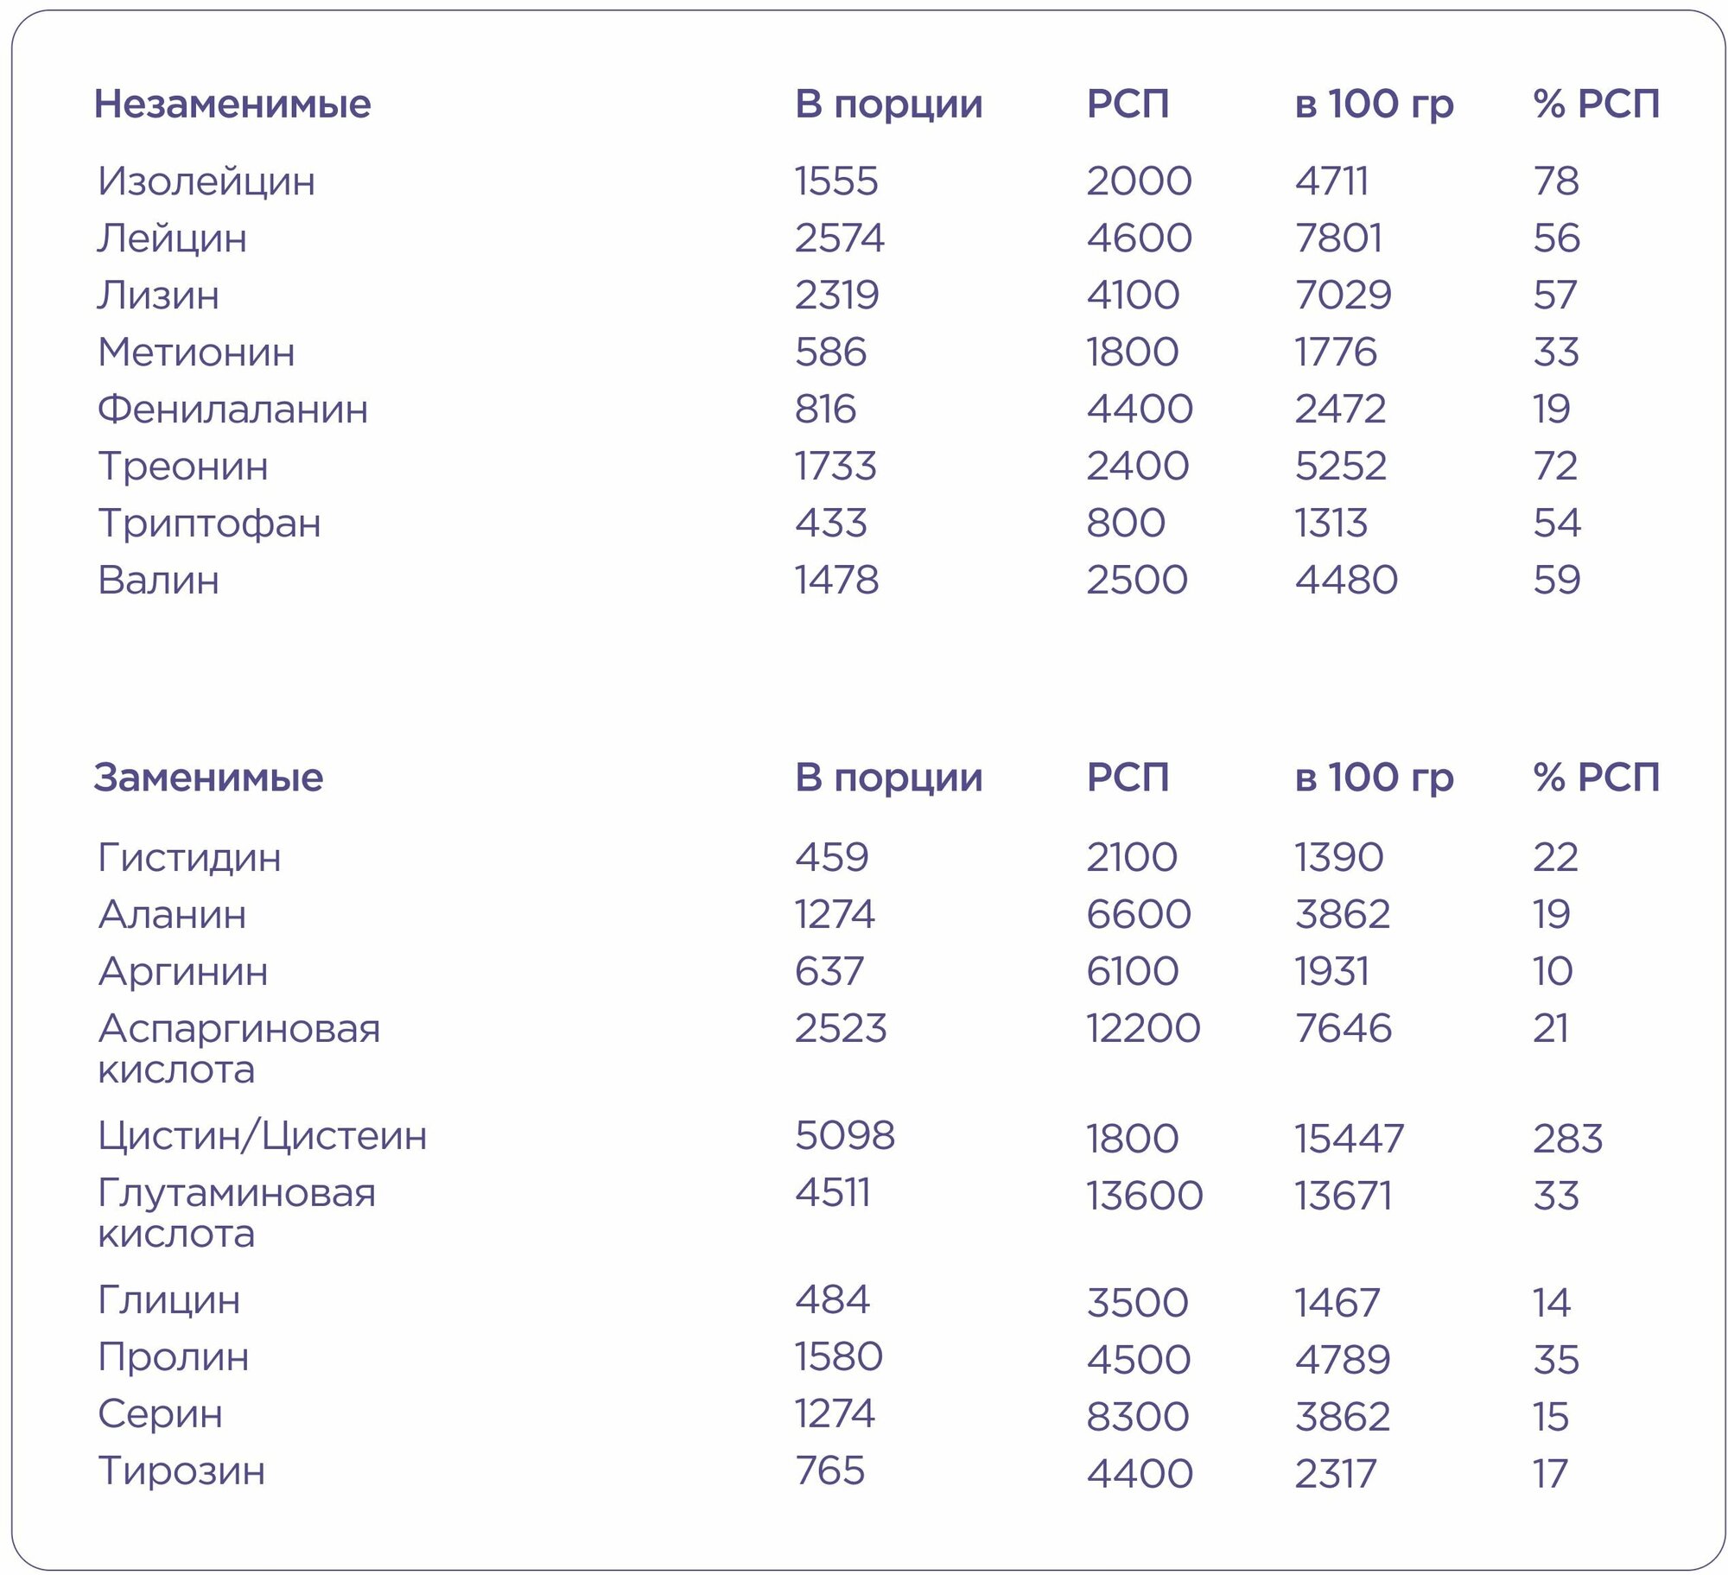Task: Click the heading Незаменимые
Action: point(232,105)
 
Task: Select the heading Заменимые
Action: point(208,778)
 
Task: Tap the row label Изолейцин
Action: point(206,181)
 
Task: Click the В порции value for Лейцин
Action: point(839,238)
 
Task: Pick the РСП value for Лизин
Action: point(1133,295)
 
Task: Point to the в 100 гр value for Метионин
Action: point(1335,352)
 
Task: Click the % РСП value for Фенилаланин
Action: point(1551,410)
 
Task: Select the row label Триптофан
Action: point(209,524)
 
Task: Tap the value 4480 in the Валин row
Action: point(1345,581)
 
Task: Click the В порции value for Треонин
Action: point(835,467)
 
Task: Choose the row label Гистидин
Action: point(189,858)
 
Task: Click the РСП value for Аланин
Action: point(1139,915)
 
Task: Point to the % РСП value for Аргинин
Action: point(1553,972)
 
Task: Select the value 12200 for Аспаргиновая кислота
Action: point(1143,1029)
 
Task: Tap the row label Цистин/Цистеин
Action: point(262,1136)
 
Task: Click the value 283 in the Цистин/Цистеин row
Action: point(1567,1140)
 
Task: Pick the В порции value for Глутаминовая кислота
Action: point(832,1193)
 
